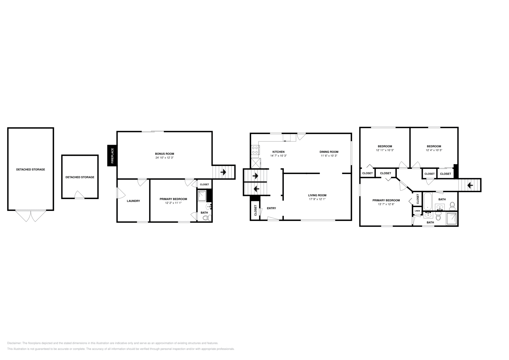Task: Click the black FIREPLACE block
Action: coord(112,156)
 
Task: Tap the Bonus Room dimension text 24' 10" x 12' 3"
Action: coord(164,158)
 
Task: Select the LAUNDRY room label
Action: coord(133,201)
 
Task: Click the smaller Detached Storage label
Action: coord(80,177)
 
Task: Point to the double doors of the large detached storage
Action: coord(31,216)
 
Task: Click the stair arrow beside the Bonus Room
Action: coord(223,172)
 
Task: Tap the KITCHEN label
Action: coord(278,152)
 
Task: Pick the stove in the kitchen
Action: coord(255,150)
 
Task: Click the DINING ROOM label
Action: coord(329,152)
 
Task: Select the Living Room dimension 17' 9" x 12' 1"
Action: coord(317,199)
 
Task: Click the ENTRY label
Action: coord(271,208)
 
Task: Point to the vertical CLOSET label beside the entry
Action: coord(255,210)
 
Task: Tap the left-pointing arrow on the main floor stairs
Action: coord(256,189)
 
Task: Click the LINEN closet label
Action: coord(417,211)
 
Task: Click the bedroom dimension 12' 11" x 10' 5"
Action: coord(385,150)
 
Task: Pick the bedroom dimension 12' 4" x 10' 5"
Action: coord(434,150)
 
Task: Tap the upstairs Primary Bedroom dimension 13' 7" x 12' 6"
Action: coord(386,204)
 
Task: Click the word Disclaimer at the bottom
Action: coord(14,343)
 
